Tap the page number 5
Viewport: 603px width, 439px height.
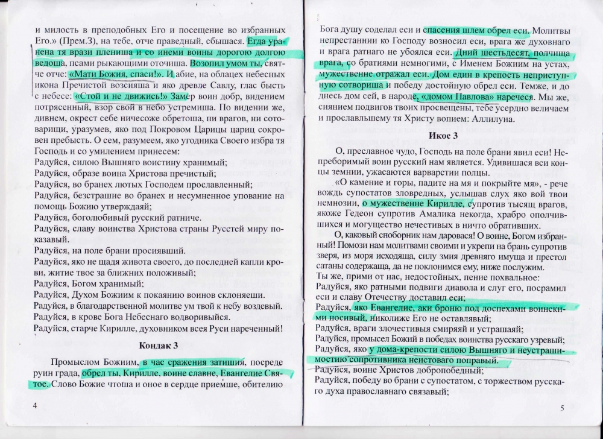point(561,409)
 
